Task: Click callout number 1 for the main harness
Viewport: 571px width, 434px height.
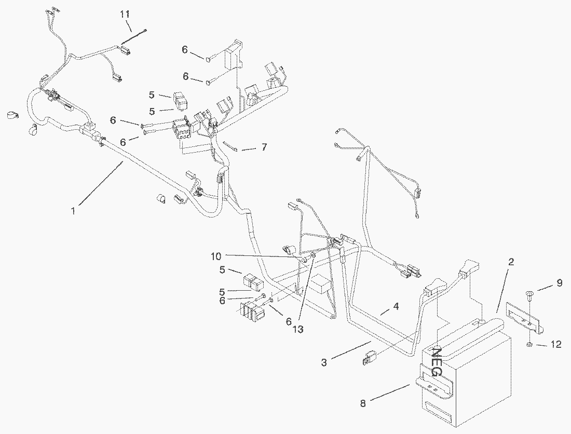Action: click(74, 210)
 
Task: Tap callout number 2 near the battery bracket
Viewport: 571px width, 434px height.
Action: click(511, 262)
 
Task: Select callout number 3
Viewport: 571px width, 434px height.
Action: click(324, 363)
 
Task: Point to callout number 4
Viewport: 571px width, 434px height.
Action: click(396, 307)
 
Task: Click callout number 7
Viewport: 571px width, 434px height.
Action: click(264, 147)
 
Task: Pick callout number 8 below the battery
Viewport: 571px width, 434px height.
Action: click(363, 403)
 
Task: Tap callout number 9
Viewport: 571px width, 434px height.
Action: click(559, 283)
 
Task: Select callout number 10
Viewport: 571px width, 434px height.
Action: click(216, 256)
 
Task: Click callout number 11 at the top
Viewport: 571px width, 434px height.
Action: click(125, 15)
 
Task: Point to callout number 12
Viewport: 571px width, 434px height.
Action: click(556, 344)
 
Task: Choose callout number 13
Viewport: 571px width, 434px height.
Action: click(297, 329)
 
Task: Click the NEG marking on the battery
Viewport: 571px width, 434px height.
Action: click(436, 361)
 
